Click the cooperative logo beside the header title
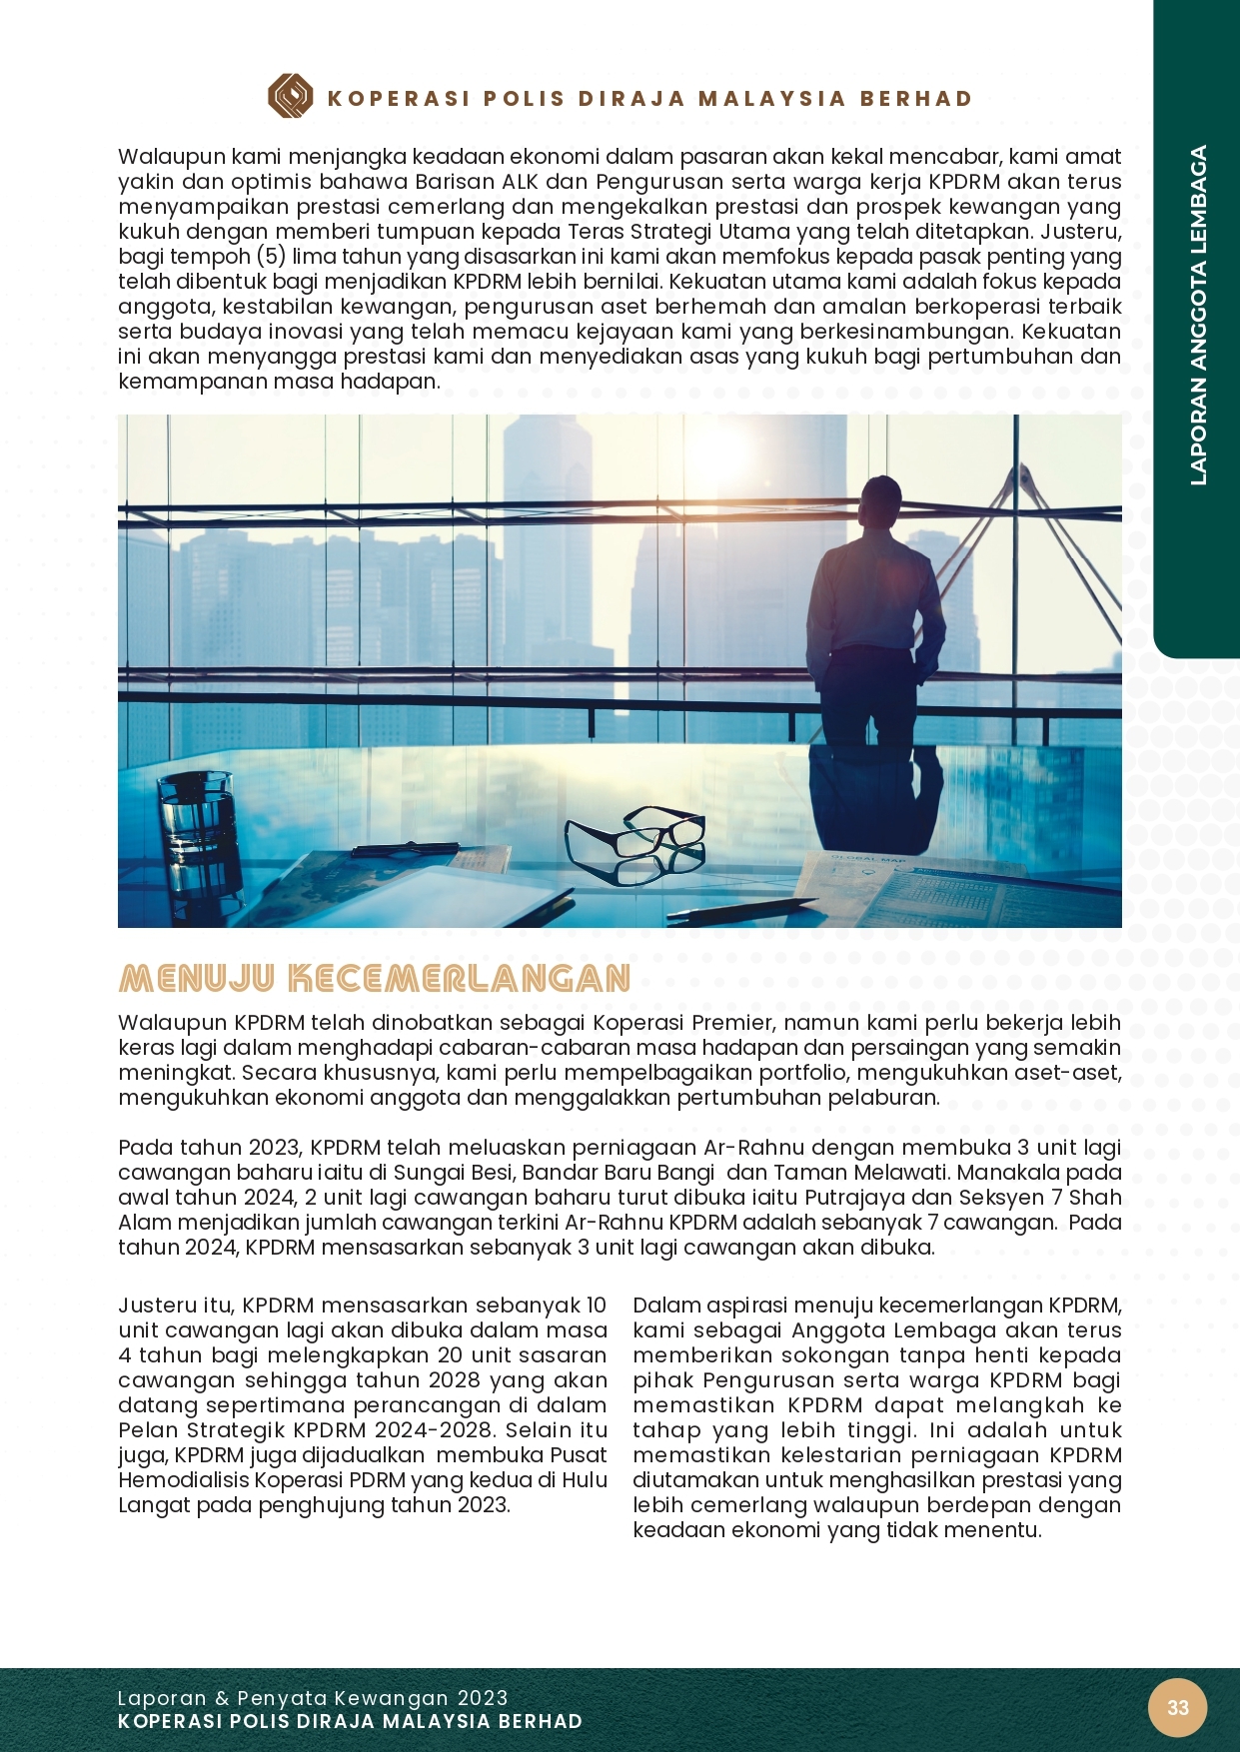290,97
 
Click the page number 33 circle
1178,1707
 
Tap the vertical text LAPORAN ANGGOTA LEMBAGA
1198,316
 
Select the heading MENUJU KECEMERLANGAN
374,978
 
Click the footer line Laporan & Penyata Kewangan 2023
312,1698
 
